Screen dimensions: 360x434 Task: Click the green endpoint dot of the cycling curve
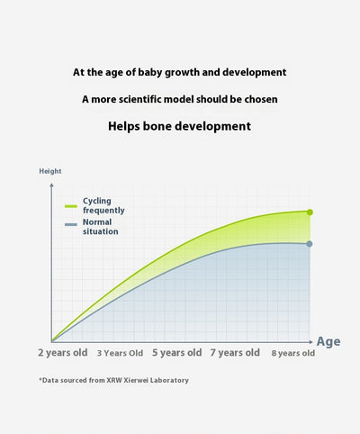pos(310,212)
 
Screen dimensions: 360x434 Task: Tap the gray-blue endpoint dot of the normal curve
pos(310,244)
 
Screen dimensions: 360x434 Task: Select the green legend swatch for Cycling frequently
pos(71,206)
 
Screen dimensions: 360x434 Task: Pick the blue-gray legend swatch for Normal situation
pos(71,224)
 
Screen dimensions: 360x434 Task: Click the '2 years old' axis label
pos(63,353)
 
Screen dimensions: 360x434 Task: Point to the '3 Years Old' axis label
pos(120,353)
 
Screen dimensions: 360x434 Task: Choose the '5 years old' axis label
pos(177,353)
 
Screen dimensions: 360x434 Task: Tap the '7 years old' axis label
pos(235,353)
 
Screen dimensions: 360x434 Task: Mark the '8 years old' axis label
pos(293,353)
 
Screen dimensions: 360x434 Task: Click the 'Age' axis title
pos(328,342)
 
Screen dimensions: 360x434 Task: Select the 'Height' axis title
pos(50,171)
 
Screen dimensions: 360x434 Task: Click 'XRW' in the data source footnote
pos(114,380)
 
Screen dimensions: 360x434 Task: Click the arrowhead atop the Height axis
pos(51,185)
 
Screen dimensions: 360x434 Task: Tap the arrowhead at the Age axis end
pos(310,342)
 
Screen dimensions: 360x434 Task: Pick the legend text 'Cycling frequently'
pos(103,205)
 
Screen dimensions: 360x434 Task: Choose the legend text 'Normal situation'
pos(101,227)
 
